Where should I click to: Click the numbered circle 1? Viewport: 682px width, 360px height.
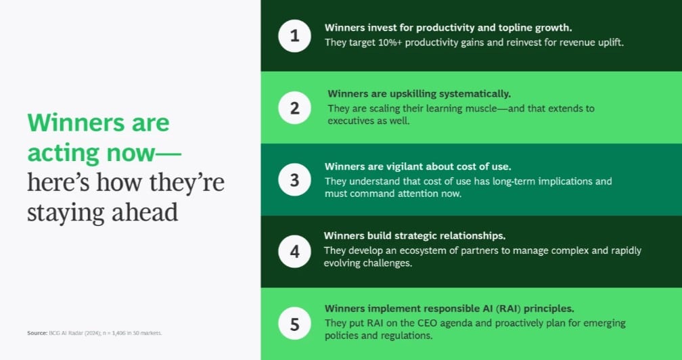pos(294,36)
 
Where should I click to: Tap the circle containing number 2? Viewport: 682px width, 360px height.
pos(294,108)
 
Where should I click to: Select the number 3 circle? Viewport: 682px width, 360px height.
pos(294,179)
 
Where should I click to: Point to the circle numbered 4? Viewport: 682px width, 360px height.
pos(294,251)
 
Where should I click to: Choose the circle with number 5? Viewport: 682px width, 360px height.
pos(294,323)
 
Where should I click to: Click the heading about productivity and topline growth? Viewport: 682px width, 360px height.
pos(448,28)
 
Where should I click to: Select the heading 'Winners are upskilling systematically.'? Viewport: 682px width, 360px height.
pos(419,94)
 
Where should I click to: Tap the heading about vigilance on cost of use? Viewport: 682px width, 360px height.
pos(417,166)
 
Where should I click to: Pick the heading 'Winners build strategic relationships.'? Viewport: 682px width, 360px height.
pos(415,235)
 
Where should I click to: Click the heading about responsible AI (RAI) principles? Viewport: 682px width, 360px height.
pos(449,309)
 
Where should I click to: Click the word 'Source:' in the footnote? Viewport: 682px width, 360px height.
pos(37,333)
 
